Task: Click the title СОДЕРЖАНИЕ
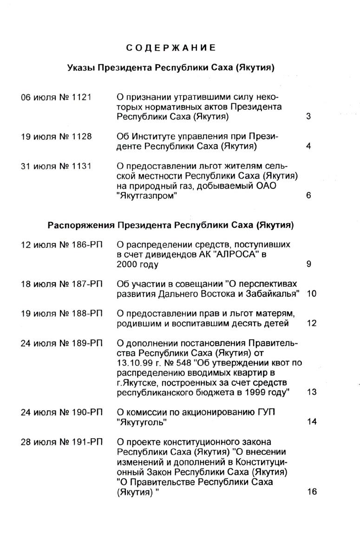point(171,48)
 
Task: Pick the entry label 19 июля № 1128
point(56,137)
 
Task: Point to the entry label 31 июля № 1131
point(56,166)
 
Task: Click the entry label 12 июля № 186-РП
point(62,244)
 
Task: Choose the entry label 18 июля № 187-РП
point(62,284)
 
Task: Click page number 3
point(308,117)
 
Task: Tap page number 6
point(308,196)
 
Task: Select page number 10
point(312,294)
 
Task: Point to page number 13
point(312,392)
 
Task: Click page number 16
point(312,492)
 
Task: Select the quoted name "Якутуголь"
point(142,422)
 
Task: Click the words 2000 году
point(137,264)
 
